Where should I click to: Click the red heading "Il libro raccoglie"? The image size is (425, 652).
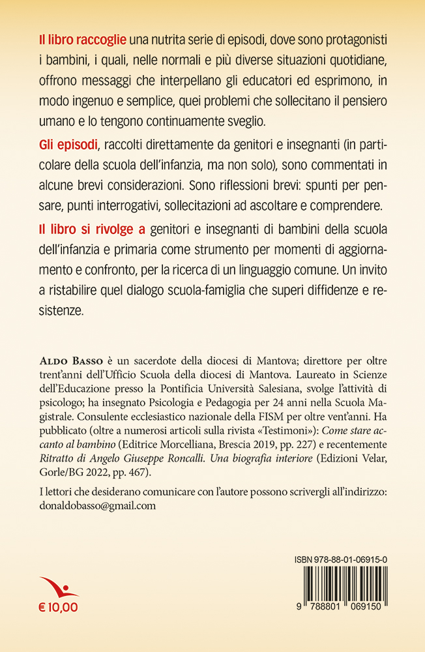78,40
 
